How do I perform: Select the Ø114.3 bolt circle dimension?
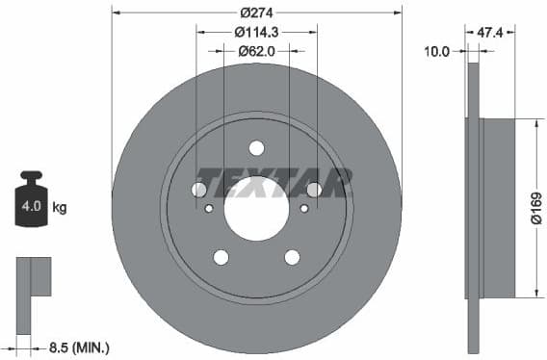(x=256, y=33)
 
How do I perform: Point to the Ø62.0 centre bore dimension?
(x=256, y=51)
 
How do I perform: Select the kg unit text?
(x=59, y=207)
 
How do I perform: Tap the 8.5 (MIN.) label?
(x=78, y=346)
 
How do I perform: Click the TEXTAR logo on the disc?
(x=273, y=182)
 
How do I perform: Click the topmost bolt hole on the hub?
(x=256, y=148)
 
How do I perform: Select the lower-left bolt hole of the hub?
(x=221, y=257)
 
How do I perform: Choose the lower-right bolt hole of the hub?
(x=292, y=257)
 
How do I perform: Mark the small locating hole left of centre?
(x=210, y=207)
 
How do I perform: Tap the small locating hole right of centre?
(x=304, y=207)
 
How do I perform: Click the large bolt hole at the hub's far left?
(x=198, y=190)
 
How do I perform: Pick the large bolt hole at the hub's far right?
(x=314, y=190)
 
